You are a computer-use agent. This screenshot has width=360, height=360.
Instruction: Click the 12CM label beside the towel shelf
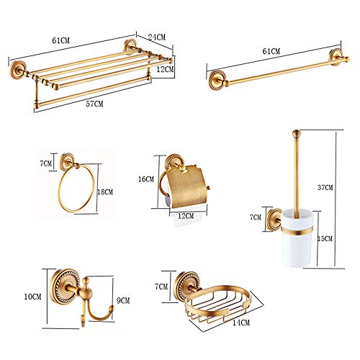[x=165, y=69]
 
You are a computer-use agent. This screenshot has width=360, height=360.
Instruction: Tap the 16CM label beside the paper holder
[x=146, y=178]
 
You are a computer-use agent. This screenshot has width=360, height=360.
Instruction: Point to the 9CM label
[x=122, y=302]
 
